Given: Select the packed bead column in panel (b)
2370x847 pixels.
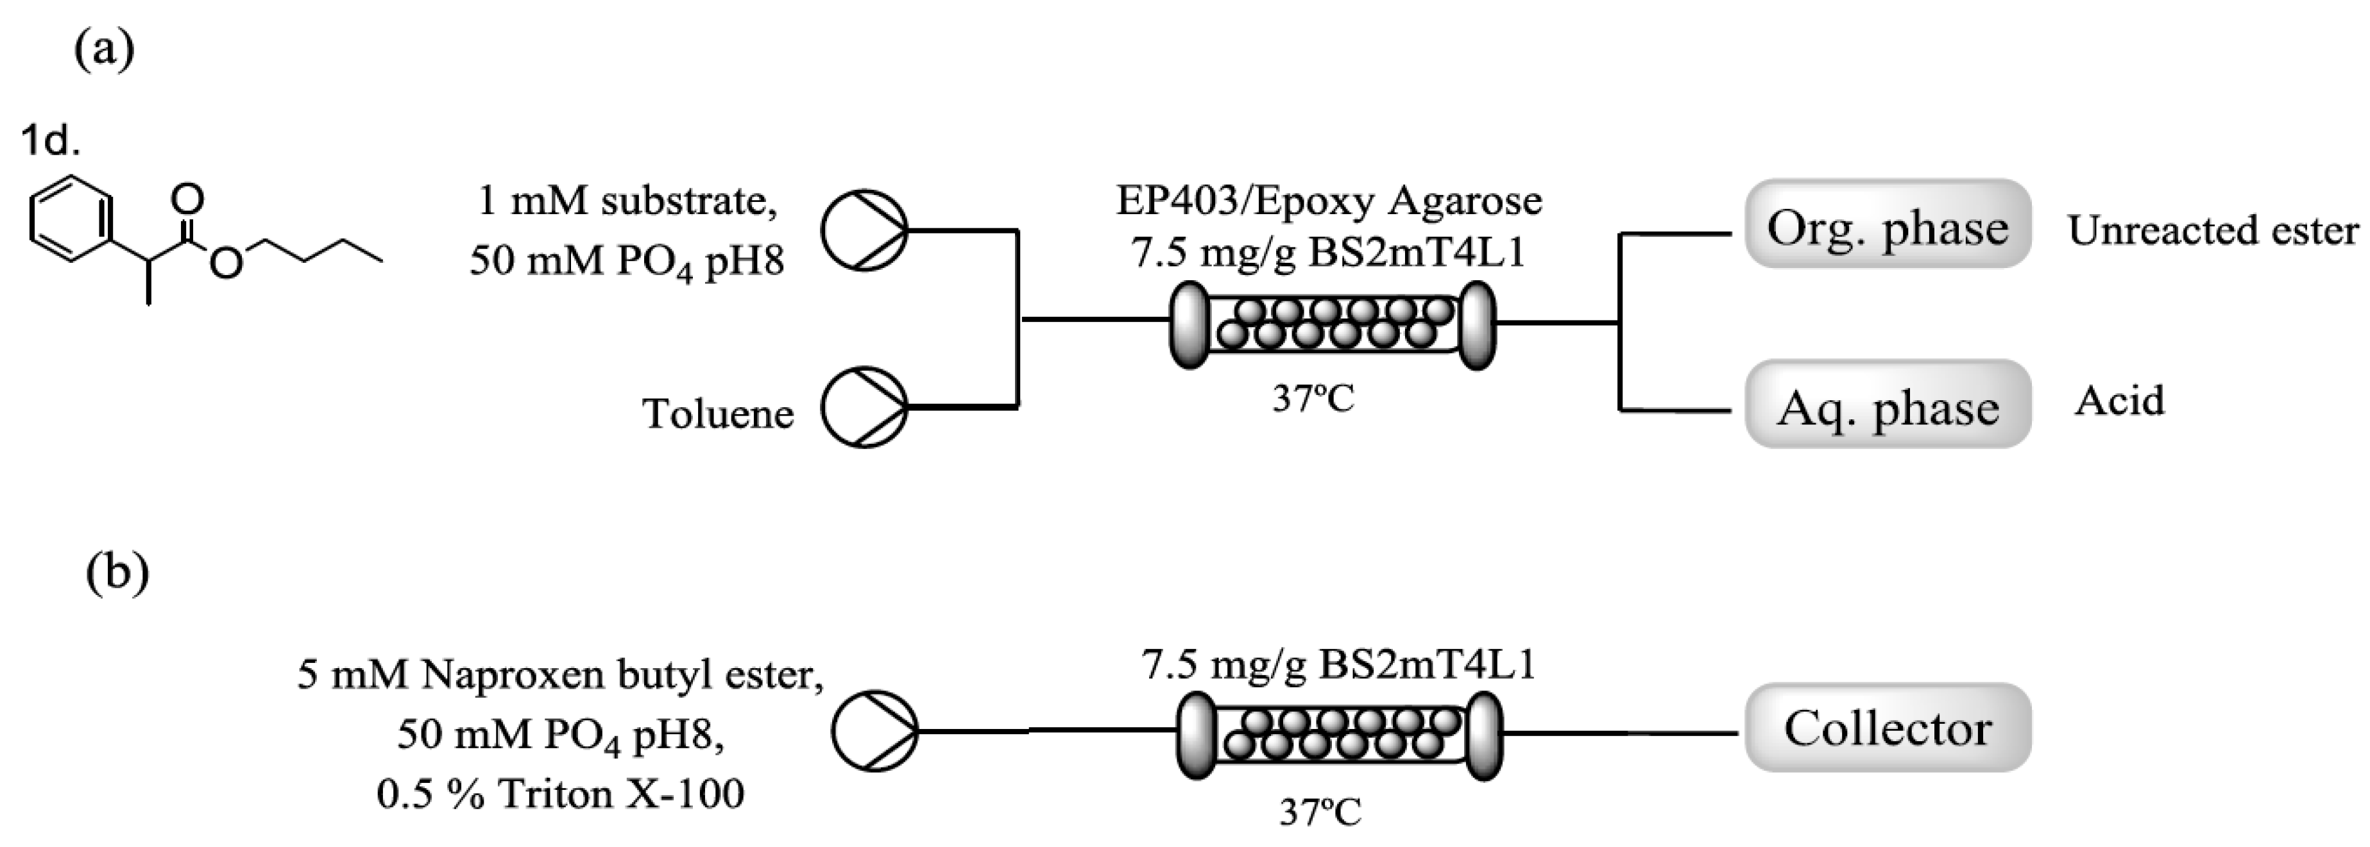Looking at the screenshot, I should pos(1340,735).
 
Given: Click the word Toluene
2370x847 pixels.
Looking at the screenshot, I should pos(718,413).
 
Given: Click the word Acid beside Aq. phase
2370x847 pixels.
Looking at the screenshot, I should pos(2119,401).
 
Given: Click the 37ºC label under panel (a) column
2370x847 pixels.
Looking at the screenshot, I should pos(1313,398).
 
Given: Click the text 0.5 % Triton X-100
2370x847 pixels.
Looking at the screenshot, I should pos(560,792).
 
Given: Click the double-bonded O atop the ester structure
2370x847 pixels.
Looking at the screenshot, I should pos(189,197).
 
